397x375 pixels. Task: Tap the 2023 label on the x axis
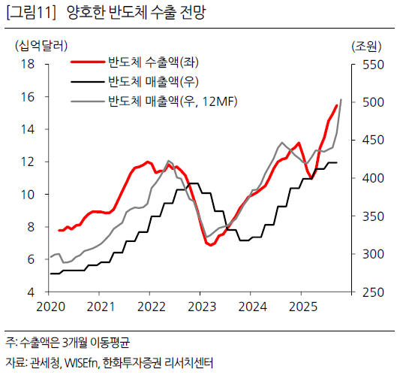click(203, 307)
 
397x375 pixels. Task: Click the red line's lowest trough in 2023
click(210, 245)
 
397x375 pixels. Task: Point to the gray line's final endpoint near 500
click(341, 99)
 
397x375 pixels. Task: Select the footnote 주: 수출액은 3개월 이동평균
click(68, 344)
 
